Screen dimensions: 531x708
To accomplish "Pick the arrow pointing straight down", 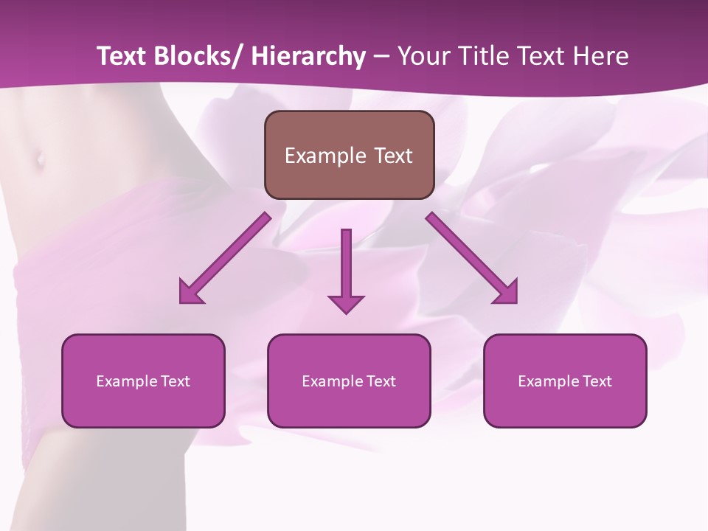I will [346, 269].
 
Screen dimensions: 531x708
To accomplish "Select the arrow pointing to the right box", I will [472, 258].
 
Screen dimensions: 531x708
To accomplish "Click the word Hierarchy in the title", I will [308, 56].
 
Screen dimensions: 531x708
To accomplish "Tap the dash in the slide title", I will [381, 58].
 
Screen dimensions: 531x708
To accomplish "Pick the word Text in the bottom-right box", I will [597, 381].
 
